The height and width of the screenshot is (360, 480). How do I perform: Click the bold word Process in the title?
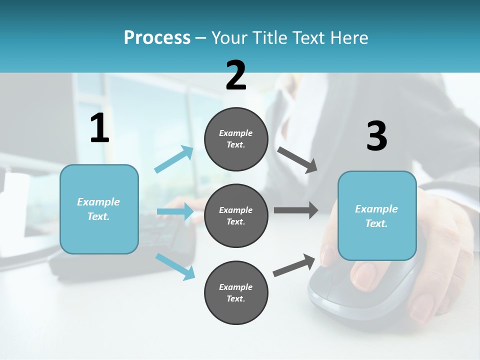[x=157, y=37]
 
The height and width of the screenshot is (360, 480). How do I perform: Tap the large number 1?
[x=99, y=128]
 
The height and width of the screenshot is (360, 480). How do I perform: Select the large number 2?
[x=236, y=76]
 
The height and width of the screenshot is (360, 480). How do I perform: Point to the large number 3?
[x=376, y=136]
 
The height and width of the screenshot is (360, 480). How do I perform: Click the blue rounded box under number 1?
[x=99, y=209]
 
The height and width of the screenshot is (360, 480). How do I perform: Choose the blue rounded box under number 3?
[x=377, y=216]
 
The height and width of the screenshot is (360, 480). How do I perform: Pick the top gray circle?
[x=236, y=139]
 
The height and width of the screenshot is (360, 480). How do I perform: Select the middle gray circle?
[x=236, y=215]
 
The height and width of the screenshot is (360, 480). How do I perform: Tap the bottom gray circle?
[x=236, y=292]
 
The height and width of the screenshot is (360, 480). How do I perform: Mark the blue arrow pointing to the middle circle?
[x=175, y=211]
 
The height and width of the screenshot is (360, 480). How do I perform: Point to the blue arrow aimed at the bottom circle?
[x=175, y=266]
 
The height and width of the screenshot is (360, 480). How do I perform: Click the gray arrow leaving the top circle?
[x=297, y=159]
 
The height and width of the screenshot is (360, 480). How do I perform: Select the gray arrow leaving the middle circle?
[x=296, y=210]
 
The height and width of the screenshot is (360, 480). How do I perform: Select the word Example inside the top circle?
[x=236, y=133]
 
